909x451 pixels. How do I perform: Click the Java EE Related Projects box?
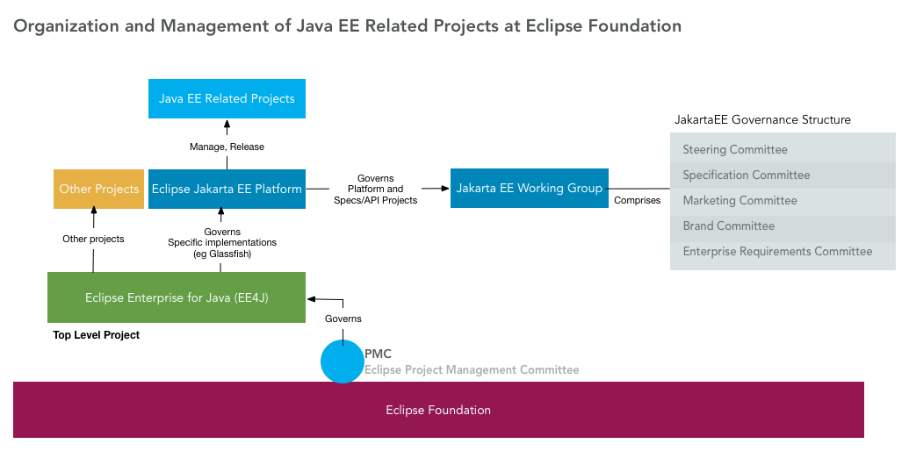(227, 98)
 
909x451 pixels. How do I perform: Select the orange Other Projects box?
(98, 189)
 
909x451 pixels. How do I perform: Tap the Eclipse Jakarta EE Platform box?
(227, 189)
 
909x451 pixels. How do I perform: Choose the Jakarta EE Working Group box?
(529, 189)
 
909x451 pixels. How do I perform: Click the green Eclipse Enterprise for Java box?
(176, 297)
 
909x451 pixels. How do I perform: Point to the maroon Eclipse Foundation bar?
(438, 410)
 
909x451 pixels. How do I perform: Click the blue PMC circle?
(342, 362)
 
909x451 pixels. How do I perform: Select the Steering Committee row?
(782, 150)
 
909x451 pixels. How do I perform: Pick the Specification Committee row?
(782, 175)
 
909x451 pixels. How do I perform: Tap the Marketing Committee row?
(782, 201)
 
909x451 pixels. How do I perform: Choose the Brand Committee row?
(782, 226)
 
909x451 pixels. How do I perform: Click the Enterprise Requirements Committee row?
(782, 252)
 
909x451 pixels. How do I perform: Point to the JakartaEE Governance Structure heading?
(762, 119)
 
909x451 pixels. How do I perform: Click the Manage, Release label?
(227, 147)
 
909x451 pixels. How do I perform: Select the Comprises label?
(637, 201)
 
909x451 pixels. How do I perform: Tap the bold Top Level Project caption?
(97, 335)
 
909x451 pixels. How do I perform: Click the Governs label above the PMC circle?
(343, 319)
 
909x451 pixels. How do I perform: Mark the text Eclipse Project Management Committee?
(472, 370)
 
